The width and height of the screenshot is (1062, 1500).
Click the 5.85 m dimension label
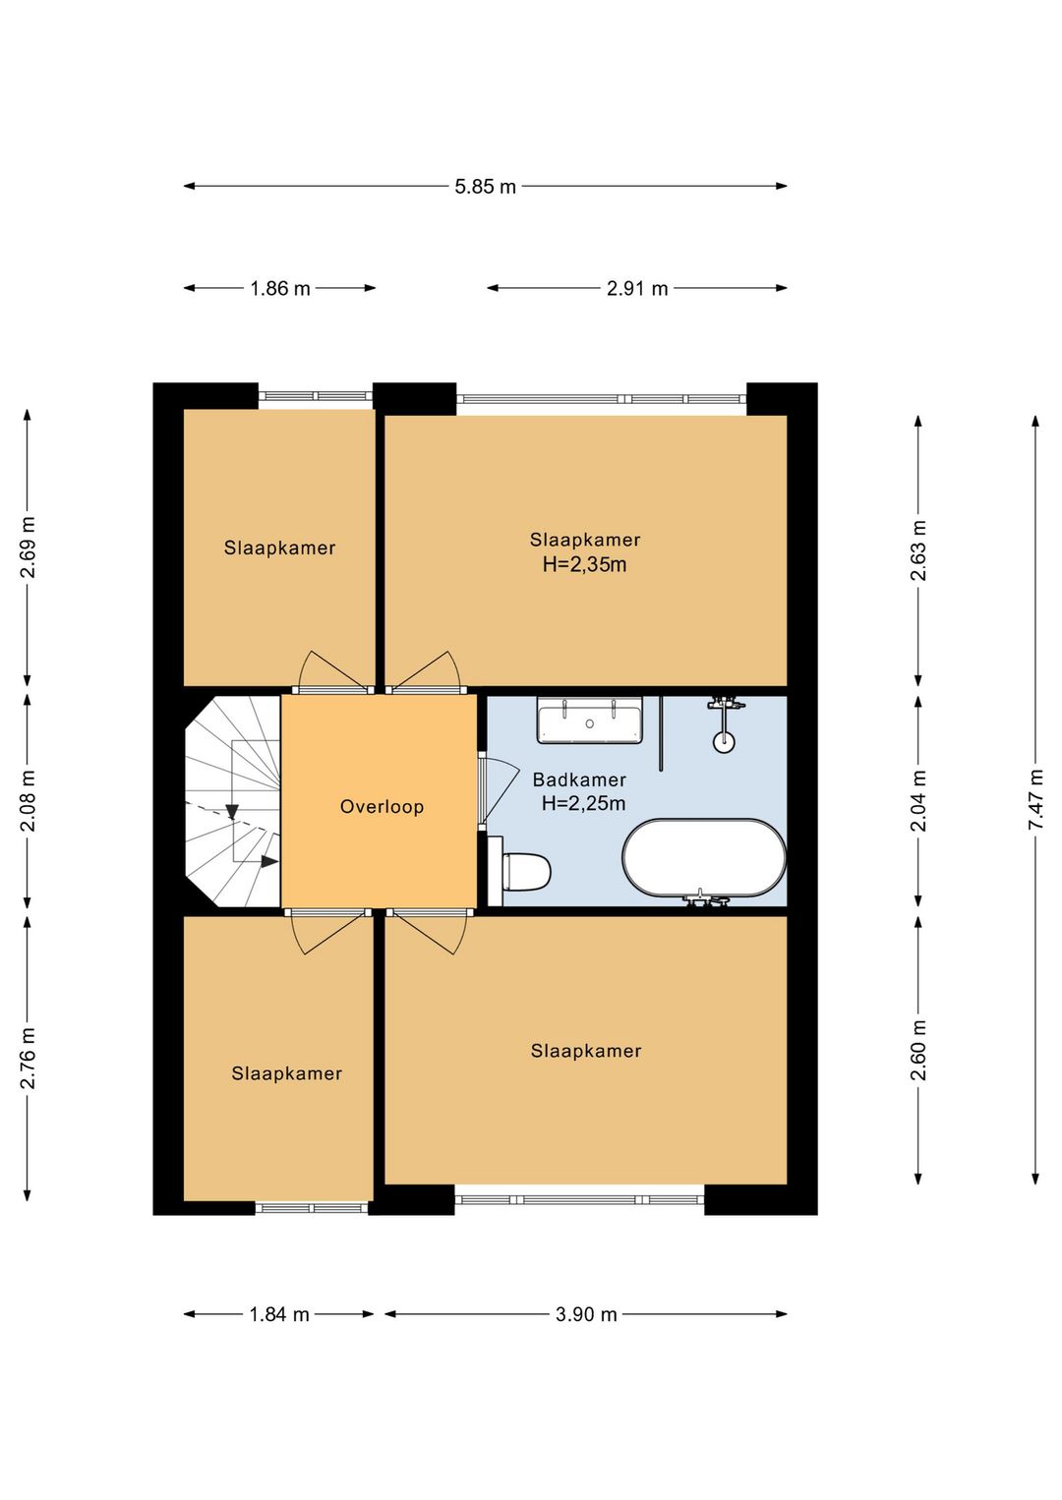(485, 186)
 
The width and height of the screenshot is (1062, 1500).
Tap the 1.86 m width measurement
(280, 289)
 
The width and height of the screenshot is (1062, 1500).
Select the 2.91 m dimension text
(637, 289)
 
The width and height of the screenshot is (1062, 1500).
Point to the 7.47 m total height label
(1035, 799)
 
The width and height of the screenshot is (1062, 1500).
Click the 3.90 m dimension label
(586, 1314)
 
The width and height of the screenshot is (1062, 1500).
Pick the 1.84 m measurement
(279, 1314)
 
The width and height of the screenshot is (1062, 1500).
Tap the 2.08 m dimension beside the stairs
(28, 801)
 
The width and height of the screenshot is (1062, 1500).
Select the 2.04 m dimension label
(918, 800)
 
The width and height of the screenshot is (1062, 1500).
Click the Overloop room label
(382, 806)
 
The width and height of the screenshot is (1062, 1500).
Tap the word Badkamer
(579, 779)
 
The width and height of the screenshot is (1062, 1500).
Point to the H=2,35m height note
(584, 564)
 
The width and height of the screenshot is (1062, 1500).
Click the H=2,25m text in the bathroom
(583, 803)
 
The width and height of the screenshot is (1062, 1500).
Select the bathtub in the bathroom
(704, 857)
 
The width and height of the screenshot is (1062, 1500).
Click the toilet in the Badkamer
(520, 871)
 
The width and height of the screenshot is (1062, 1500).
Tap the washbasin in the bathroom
(590, 720)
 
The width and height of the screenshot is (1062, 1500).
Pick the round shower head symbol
(724, 741)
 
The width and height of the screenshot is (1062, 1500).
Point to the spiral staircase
(232, 801)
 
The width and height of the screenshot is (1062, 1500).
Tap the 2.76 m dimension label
(28, 1058)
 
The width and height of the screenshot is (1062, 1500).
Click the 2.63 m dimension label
(918, 549)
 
